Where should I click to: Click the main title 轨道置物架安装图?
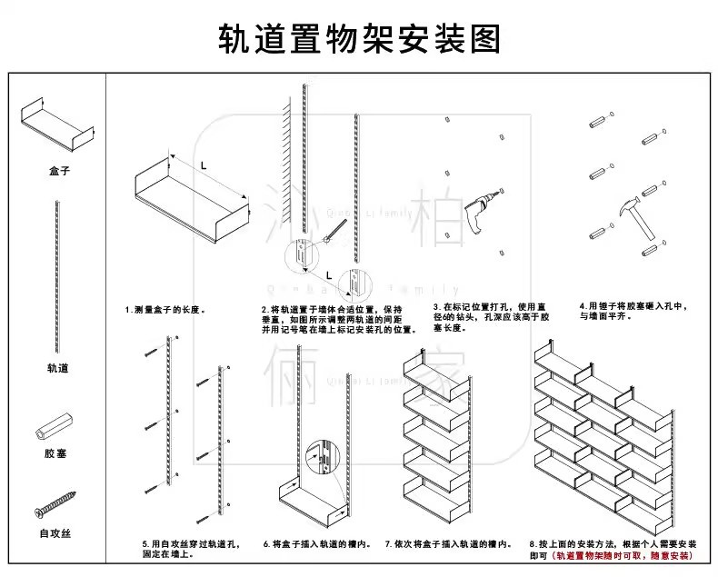coord(359,38)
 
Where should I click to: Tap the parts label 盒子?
coord(60,170)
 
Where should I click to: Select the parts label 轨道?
coord(58,368)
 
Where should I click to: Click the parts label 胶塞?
coord(56,453)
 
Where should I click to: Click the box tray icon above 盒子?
coord(57,122)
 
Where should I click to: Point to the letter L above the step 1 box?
coord(204,165)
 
